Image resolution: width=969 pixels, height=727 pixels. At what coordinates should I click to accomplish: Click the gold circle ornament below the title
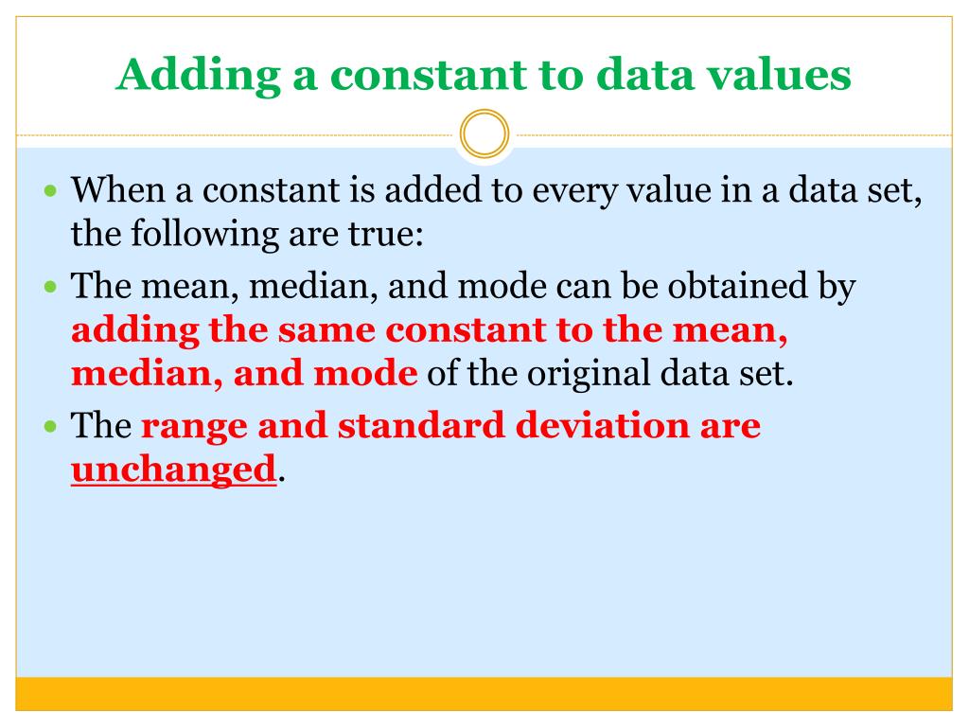pyautogui.click(x=484, y=135)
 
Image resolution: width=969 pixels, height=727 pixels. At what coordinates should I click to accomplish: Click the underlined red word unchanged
pyautogui.click(x=173, y=470)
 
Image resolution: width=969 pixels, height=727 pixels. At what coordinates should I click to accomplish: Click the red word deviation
pyautogui.click(x=601, y=426)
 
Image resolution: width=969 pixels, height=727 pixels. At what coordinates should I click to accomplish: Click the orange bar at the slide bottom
pyautogui.click(x=484, y=693)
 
